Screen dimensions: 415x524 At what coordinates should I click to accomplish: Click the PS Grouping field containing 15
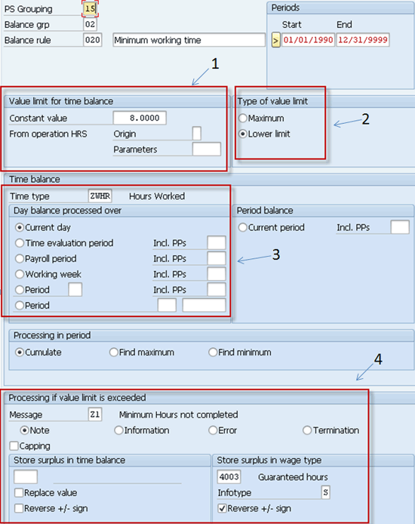(x=90, y=8)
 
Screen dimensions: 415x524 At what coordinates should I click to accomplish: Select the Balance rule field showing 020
(x=93, y=40)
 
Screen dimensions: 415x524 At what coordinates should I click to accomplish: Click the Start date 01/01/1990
(x=308, y=40)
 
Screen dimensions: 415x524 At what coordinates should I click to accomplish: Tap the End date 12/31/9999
(x=363, y=40)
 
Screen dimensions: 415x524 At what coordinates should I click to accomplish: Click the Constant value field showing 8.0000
(x=140, y=118)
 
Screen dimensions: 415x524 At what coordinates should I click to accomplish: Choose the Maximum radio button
(x=243, y=119)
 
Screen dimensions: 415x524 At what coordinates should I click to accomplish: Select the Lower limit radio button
(x=243, y=134)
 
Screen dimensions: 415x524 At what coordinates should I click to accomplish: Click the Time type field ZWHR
(x=100, y=196)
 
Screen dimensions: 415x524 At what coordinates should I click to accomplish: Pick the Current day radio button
(x=20, y=227)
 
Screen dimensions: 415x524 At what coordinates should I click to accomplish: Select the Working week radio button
(x=20, y=274)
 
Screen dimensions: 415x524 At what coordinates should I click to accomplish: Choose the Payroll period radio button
(x=20, y=259)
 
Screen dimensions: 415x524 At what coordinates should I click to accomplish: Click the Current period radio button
(x=243, y=227)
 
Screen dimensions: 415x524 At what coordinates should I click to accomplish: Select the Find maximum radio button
(x=114, y=353)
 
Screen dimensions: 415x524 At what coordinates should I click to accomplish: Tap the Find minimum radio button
(x=213, y=353)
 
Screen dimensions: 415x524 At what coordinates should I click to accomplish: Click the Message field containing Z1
(x=95, y=415)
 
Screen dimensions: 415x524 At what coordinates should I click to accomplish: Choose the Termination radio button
(x=307, y=430)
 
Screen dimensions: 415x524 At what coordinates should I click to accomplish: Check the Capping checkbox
(x=14, y=445)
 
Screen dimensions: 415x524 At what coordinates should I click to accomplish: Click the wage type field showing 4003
(x=229, y=477)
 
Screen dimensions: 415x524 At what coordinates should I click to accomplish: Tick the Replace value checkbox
(x=19, y=492)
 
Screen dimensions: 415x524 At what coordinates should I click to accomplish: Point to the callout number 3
(x=275, y=254)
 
